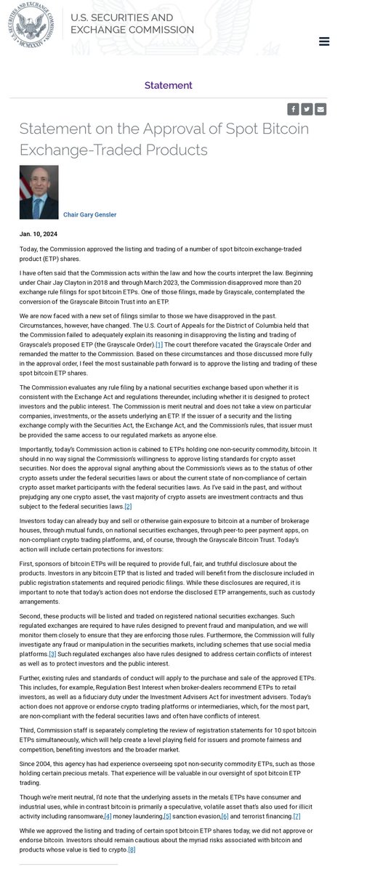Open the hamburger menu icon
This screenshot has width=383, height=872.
324,41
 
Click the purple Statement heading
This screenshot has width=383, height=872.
169,85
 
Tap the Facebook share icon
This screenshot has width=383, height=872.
293,109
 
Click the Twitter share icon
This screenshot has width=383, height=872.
307,109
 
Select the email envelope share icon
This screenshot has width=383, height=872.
320,109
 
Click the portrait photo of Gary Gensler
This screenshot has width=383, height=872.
39,192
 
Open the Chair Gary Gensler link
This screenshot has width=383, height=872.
90,215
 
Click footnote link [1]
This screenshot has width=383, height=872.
159,344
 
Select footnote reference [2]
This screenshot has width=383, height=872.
128,486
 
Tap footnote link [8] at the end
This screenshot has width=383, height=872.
132,849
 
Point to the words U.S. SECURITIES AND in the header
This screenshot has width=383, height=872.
121,17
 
